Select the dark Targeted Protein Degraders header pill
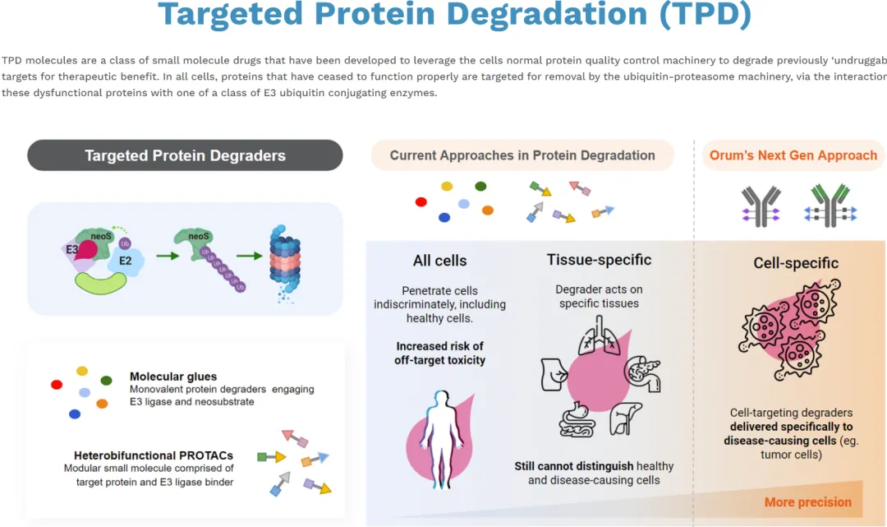click(x=185, y=155)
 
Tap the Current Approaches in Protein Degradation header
click(x=522, y=155)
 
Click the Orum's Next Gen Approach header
click(x=793, y=155)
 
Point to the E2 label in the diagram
click(x=126, y=261)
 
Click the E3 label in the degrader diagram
click(x=72, y=247)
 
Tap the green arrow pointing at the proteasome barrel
click(x=249, y=256)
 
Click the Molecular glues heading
click(x=168, y=377)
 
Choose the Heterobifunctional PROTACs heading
click(x=154, y=455)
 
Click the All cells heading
click(x=439, y=261)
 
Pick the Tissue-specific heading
click(x=599, y=260)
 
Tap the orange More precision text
click(x=807, y=502)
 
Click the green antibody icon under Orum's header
click(x=830, y=205)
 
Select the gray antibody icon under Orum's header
click(x=761, y=205)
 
